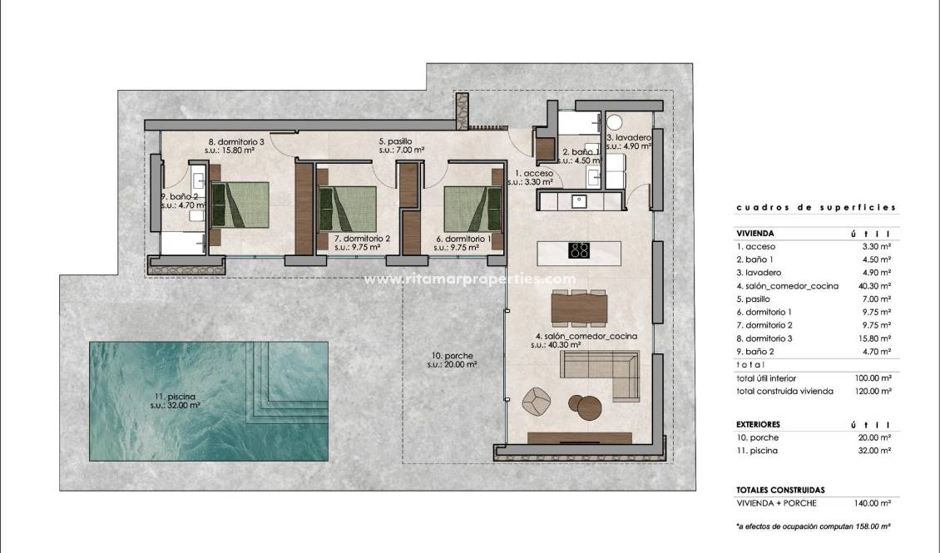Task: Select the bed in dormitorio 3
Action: [240, 205]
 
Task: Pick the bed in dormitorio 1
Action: [472, 208]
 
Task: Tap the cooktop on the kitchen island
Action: [580, 249]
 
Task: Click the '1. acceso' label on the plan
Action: [530, 173]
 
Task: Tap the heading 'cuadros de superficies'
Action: [816, 208]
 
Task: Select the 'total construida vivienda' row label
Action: [784, 391]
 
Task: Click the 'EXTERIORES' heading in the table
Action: [758, 424]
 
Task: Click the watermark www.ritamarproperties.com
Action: [470, 279]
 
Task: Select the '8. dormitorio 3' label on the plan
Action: [235, 141]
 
